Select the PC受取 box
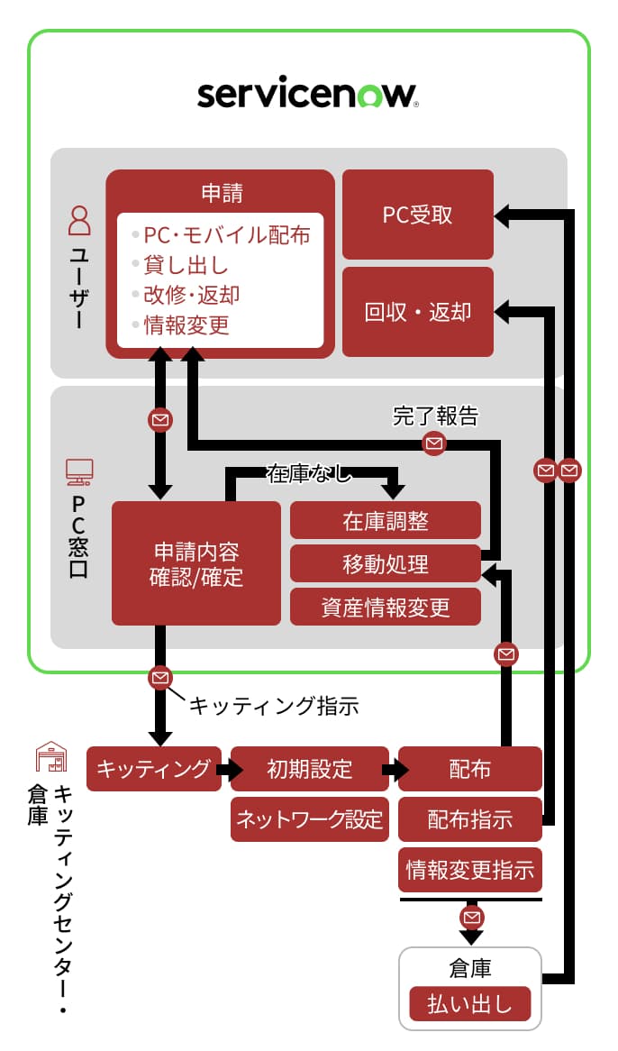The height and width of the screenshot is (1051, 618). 418,215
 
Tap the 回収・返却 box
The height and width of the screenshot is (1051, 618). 418,312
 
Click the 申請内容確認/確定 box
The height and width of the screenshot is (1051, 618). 196,563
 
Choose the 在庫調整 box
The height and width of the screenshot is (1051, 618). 386,521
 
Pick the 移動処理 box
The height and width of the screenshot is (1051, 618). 386,564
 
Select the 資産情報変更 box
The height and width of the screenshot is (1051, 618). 386,607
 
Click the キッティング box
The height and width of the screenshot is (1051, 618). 153,769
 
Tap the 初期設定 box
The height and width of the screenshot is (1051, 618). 310,769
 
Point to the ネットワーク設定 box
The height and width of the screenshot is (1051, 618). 310,819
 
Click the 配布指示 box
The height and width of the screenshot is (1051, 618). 470,819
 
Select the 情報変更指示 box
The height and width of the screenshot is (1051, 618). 470,870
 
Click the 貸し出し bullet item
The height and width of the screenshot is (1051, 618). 186,265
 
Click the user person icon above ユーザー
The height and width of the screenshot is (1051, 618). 80,220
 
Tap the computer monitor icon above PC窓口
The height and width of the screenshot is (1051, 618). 79,471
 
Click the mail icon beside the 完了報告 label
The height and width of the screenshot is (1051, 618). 434,443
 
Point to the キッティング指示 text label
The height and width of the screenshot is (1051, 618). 274,706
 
